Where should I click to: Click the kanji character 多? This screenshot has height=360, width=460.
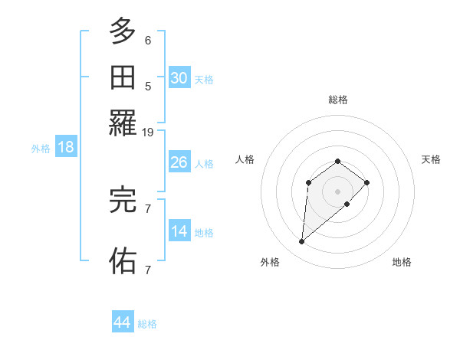(123, 32)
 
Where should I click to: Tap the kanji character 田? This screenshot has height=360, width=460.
(123, 77)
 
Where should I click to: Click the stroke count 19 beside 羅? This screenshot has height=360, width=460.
(148, 133)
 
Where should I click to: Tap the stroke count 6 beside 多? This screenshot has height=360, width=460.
(148, 41)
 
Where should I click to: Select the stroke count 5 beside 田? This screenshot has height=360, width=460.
(148, 87)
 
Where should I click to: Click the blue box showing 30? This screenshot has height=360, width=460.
(179, 77)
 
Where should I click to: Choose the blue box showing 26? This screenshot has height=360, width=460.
(179, 162)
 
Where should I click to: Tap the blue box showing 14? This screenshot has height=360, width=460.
(179, 232)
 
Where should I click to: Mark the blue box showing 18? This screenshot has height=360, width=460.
(66, 148)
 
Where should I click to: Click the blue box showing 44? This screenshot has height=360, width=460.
(122, 322)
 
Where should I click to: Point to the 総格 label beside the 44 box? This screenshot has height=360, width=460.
(147, 324)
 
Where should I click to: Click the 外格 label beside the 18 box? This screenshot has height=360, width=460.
(41, 149)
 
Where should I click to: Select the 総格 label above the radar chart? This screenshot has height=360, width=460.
(338, 100)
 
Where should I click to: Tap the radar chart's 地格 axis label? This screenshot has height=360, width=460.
(402, 263)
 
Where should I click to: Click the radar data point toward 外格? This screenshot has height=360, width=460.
(302, 242)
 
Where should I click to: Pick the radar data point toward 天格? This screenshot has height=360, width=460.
(367, 182)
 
